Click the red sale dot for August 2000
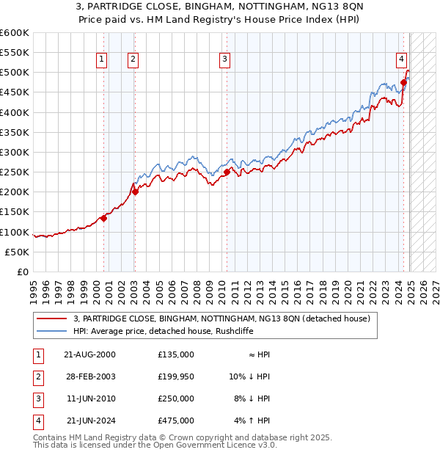point(104,218)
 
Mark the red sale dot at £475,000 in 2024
point(404,82)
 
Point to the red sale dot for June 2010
point(227,172)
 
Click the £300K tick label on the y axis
point(15,152)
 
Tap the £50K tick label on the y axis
point(18,252)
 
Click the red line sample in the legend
point(51,318)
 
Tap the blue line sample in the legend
point(51,331)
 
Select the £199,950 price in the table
point(175,376)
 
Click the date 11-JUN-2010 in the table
point(91,398)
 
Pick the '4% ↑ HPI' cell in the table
point(252,421)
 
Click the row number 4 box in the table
point(36,421)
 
